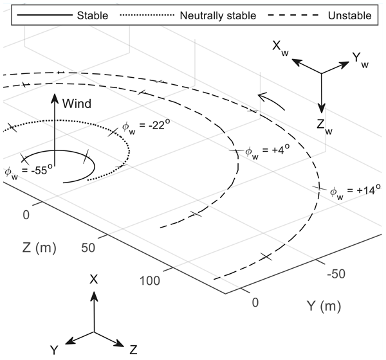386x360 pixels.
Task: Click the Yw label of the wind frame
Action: pos(362,60)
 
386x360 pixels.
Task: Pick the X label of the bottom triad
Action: pos(95,280)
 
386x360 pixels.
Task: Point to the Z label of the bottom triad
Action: pos(133,350)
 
